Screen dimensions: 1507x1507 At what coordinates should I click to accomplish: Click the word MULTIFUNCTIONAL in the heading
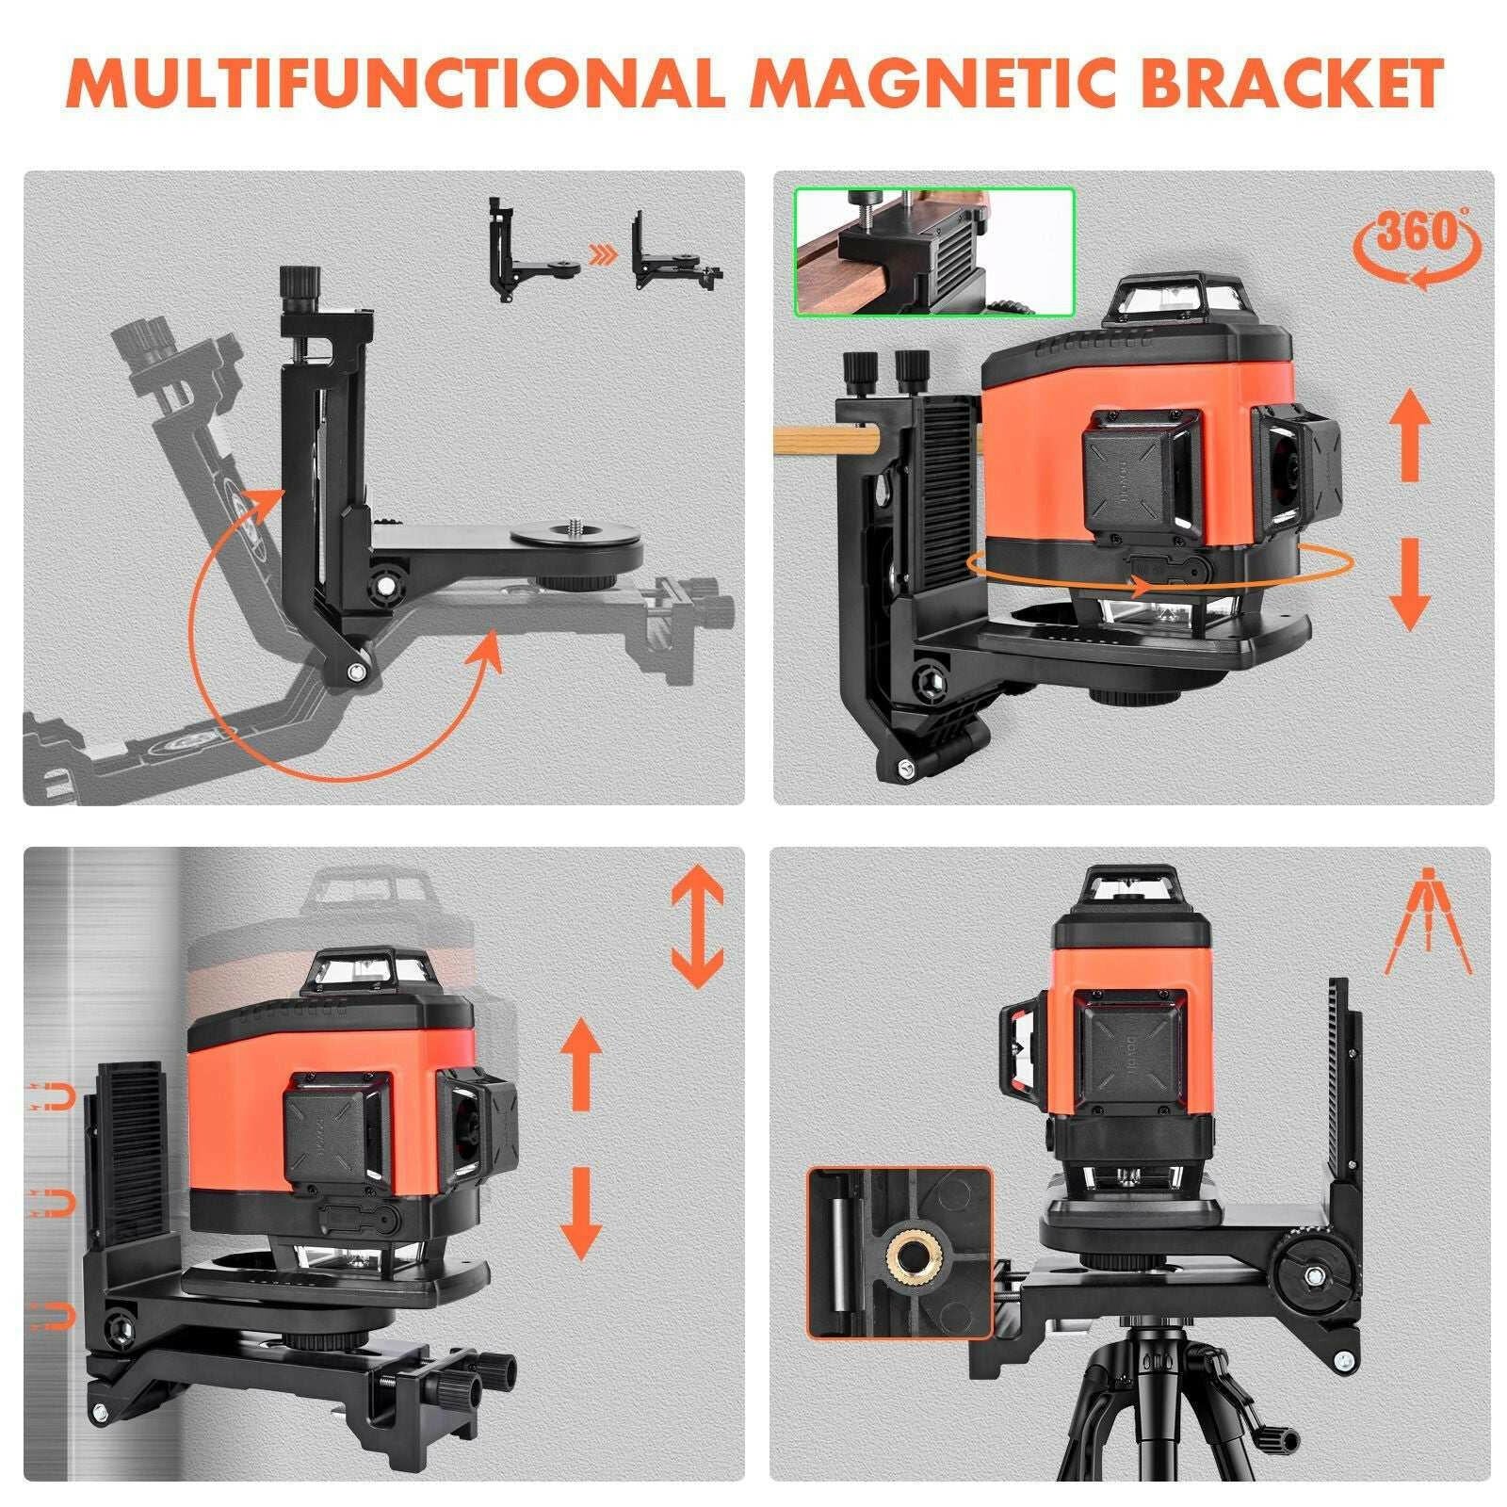[396, 84]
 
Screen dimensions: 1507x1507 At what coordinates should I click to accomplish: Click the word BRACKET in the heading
[1291, 84]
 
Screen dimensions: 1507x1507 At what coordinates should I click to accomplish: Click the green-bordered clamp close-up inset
[934, 251]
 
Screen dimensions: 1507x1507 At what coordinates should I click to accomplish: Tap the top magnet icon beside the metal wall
[53, 1095]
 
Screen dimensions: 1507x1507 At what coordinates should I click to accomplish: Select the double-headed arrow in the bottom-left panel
[697, 927]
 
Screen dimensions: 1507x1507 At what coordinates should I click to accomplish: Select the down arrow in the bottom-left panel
[581, 1214]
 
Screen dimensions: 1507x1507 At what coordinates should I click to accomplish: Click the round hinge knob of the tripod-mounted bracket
[1310, 1278]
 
